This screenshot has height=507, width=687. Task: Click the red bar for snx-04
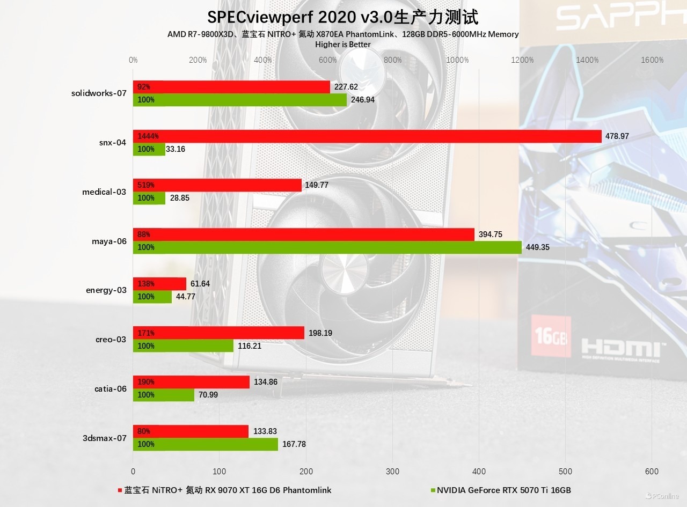[367, 136]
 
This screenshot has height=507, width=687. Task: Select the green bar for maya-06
[327, 247]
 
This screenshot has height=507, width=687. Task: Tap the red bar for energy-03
[159, 284]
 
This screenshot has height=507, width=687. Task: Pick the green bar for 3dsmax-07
[206, 444]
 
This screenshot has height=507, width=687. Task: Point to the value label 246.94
[362, 100]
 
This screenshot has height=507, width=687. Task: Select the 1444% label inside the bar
[148, 136]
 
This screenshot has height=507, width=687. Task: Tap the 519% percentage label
[146, 185]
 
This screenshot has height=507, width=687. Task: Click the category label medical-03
[104, 192]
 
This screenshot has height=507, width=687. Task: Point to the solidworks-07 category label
[99, 93]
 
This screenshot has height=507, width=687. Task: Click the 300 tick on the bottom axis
[392, 471]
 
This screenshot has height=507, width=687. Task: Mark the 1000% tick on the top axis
[458, 60]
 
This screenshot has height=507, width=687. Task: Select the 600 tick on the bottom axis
[652, 471]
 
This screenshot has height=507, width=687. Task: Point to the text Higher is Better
[343, 45]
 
